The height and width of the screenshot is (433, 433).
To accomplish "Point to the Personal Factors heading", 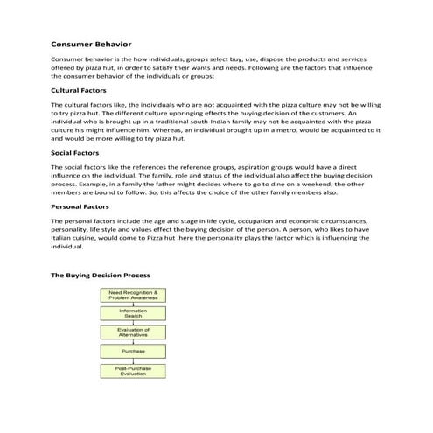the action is [x=80, y=206].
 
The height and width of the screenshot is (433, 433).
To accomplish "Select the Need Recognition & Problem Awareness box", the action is [x=133, y=295].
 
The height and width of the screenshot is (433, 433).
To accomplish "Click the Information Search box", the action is [x=133, y=312].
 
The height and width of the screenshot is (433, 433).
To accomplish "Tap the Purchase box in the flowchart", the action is [x=133, y=351].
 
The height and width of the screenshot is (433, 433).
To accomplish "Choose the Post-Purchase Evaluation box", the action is [x=133, y=370].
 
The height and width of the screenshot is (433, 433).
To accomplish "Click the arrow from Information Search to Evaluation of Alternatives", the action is [x=133, y=321].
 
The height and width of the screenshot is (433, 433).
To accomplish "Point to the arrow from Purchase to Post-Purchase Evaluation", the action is [x=133, y=360].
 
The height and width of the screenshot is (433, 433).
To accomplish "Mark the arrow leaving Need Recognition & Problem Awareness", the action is [x=133, y=304].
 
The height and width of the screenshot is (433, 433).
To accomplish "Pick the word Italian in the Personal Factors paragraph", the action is [x=66, y=238].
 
